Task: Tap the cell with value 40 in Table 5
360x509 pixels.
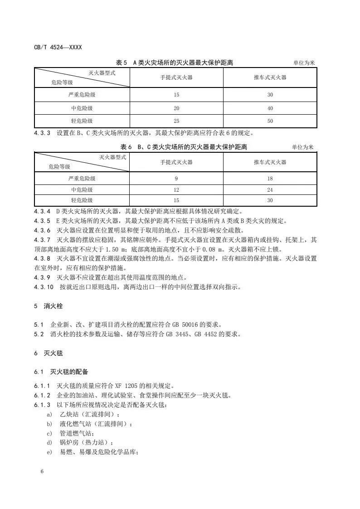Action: tap(270, 108)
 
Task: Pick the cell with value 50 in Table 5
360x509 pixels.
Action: tap(270, 121)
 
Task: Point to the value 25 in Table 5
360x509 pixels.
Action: tap(176, 121)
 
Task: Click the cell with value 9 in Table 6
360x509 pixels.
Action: tap(176, 179)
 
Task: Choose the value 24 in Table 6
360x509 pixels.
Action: tap(270, 189)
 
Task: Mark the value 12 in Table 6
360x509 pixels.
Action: tap(176, 189)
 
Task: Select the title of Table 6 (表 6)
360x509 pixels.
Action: tap(184, 147)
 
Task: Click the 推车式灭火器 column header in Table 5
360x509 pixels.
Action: tap(270, 78)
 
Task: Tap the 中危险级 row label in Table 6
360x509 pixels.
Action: tap(82, 189)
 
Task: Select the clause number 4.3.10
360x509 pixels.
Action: tap(44, 287)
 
